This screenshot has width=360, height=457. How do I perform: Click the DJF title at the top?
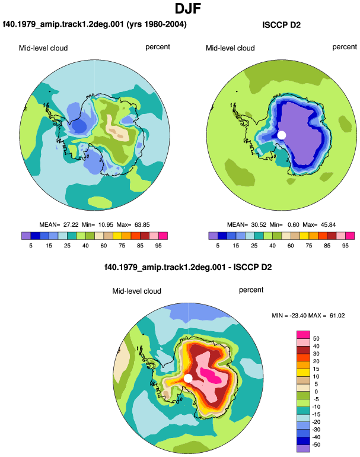[188, 8]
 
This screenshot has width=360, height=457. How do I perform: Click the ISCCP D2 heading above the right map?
[281, 25]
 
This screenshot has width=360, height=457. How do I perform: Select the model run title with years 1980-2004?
[94, 24]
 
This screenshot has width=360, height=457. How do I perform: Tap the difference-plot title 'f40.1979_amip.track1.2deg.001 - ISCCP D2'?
[188, 267]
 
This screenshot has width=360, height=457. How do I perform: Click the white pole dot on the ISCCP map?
[281, 135]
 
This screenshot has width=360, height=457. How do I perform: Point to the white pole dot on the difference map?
[188, 378]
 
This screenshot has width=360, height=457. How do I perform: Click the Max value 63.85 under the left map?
[142, 225]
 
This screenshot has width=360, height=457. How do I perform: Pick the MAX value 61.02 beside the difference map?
[337, 315]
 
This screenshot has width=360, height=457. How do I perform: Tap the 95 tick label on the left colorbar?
[158, 246]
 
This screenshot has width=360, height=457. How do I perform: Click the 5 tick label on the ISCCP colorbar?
[218, 246]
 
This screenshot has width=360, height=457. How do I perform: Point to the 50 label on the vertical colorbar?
[316, 338]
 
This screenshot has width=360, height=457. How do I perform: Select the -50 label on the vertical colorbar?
[316, 445]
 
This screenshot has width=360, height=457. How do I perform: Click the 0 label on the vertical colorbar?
[316, 392]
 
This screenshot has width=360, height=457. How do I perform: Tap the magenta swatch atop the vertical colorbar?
[303, 335]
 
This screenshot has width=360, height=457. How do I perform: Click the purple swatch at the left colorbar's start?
[26, 236]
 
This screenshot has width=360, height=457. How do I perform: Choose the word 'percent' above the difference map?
[251, 290]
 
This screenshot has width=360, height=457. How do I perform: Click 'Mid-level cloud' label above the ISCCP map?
[230, 48]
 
